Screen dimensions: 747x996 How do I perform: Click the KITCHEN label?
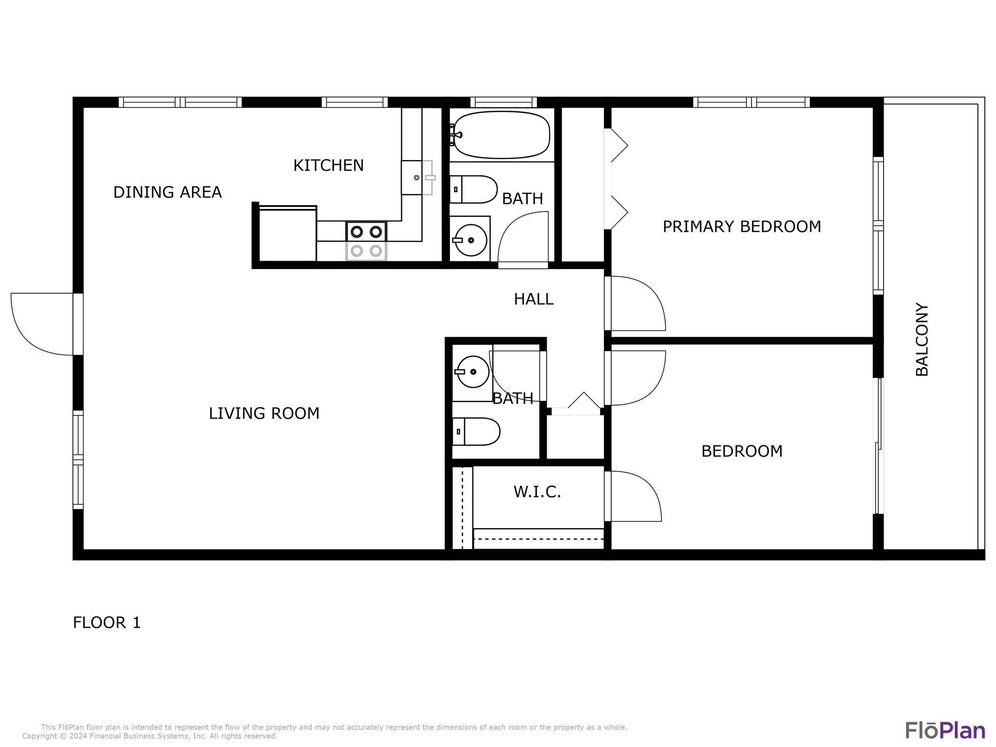coord(328,166)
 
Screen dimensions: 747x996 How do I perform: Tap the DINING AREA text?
coord(167,193)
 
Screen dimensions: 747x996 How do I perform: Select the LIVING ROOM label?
coord(264,413)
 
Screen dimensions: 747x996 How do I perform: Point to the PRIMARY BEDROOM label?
coord(742,227)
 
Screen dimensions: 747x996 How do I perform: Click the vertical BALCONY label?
coord(922,339)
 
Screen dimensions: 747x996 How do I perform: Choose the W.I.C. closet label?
coord(537,492)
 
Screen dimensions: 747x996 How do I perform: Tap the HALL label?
coord(534,299)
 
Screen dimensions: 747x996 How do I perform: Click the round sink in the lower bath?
coord(472,372)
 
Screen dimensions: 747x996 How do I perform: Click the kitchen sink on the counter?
coord(416,178)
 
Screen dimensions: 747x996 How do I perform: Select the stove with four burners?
coord(366,241)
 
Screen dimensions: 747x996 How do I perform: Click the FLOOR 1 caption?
coord(107,622)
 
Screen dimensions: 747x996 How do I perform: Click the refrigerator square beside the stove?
coord(287,234)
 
